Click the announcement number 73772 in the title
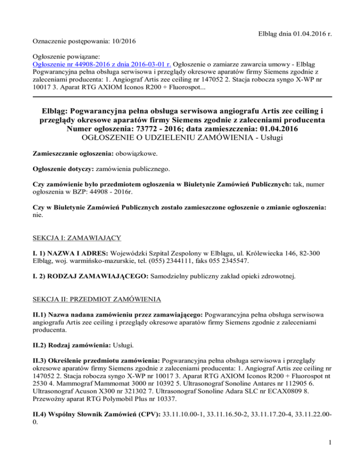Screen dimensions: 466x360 [x=149, y=128]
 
